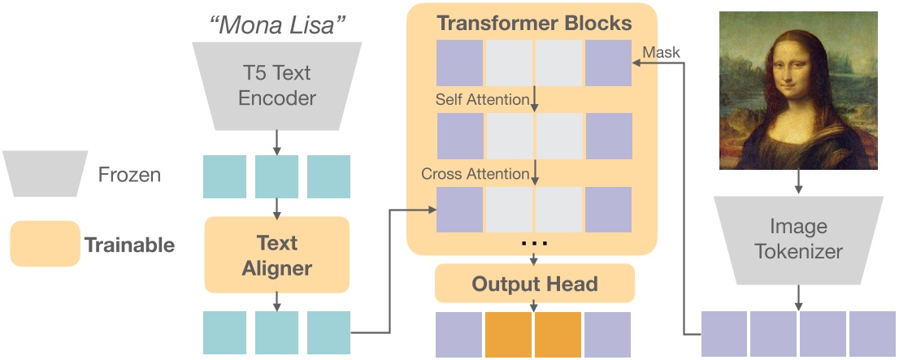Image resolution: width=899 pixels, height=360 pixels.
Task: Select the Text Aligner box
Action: pyautogui.click(x=277, y=254)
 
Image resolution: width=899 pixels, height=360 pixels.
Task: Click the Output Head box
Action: pyautogui.click(x=534, y=284)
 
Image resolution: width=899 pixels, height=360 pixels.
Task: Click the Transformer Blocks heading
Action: pyautogui.click(x=534, y=22)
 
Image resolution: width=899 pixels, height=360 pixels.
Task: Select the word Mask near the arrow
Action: pyautogui.click(x=661, y=52)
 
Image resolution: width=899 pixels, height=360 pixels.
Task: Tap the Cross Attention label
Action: pyautogui.click(x=476, y=174)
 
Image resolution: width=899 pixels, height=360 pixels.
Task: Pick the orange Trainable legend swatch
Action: pyautogui.click(x=45, y=244)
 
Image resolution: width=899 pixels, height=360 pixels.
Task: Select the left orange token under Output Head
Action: pyautogui.click(x=509, y=335)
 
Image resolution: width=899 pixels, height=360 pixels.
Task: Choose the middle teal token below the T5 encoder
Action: pyautogui.click(x=277, y=177)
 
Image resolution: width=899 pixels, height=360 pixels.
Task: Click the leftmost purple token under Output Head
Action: pyautogui.click(x=459, y=335)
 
